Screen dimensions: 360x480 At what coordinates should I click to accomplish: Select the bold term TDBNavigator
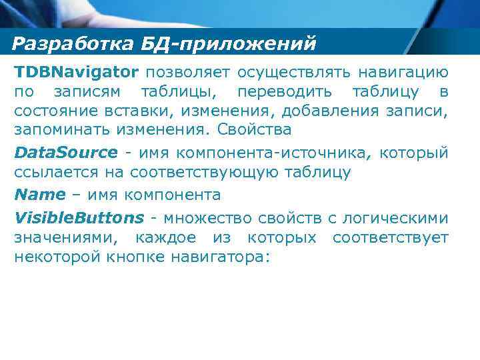pos(77,71)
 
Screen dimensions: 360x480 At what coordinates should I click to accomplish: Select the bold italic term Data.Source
pos(65,152)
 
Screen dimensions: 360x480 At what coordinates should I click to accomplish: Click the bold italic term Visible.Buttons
pos(79,217)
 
